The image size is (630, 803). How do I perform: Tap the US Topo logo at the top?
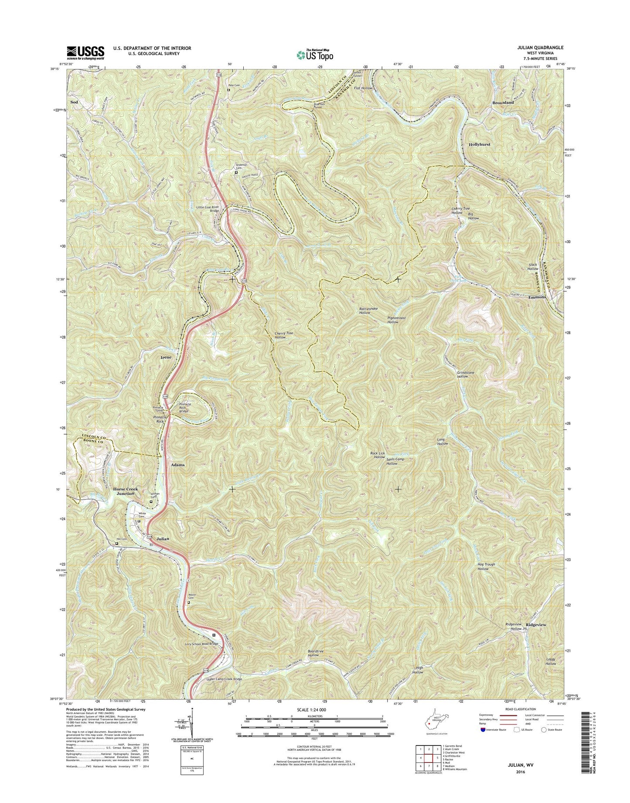coord(315,55)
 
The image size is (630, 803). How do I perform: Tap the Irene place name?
coord(166,357)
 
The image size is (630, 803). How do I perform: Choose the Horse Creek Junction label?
coord(126,491)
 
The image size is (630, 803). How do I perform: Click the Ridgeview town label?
coord(536,625)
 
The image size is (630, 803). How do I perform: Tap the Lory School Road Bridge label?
coord(195,643)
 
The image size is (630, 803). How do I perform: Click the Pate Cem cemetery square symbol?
coord(228,90)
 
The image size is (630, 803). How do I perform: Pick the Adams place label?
coord(178,465)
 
